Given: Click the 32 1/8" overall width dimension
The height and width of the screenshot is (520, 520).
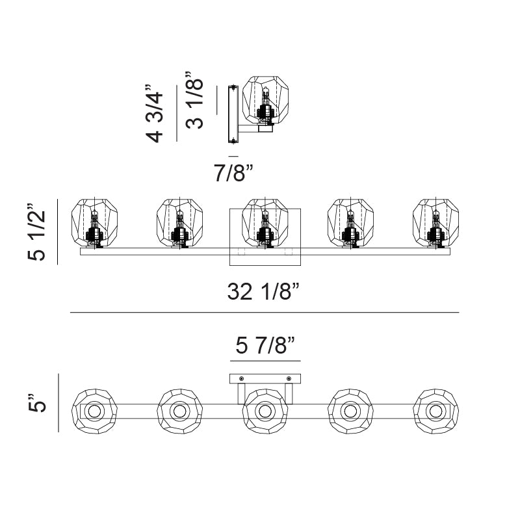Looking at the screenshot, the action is point(264,291).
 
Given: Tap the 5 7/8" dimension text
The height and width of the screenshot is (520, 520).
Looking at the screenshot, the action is point(265,345).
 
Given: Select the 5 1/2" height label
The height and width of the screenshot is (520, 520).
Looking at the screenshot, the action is point(36,232).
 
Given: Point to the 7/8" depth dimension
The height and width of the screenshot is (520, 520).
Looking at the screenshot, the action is point(233,172).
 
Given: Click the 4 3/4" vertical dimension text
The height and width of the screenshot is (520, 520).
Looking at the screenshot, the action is point(154,113).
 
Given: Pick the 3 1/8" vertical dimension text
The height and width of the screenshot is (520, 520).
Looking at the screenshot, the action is point(194,100).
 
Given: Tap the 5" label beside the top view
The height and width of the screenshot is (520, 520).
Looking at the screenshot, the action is point(36,403).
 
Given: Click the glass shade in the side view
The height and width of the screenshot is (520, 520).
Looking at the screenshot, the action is point(265,99).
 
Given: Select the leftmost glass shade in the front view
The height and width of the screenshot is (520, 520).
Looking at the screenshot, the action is point(94,223).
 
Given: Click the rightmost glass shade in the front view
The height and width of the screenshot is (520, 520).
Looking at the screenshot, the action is point(435,223).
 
